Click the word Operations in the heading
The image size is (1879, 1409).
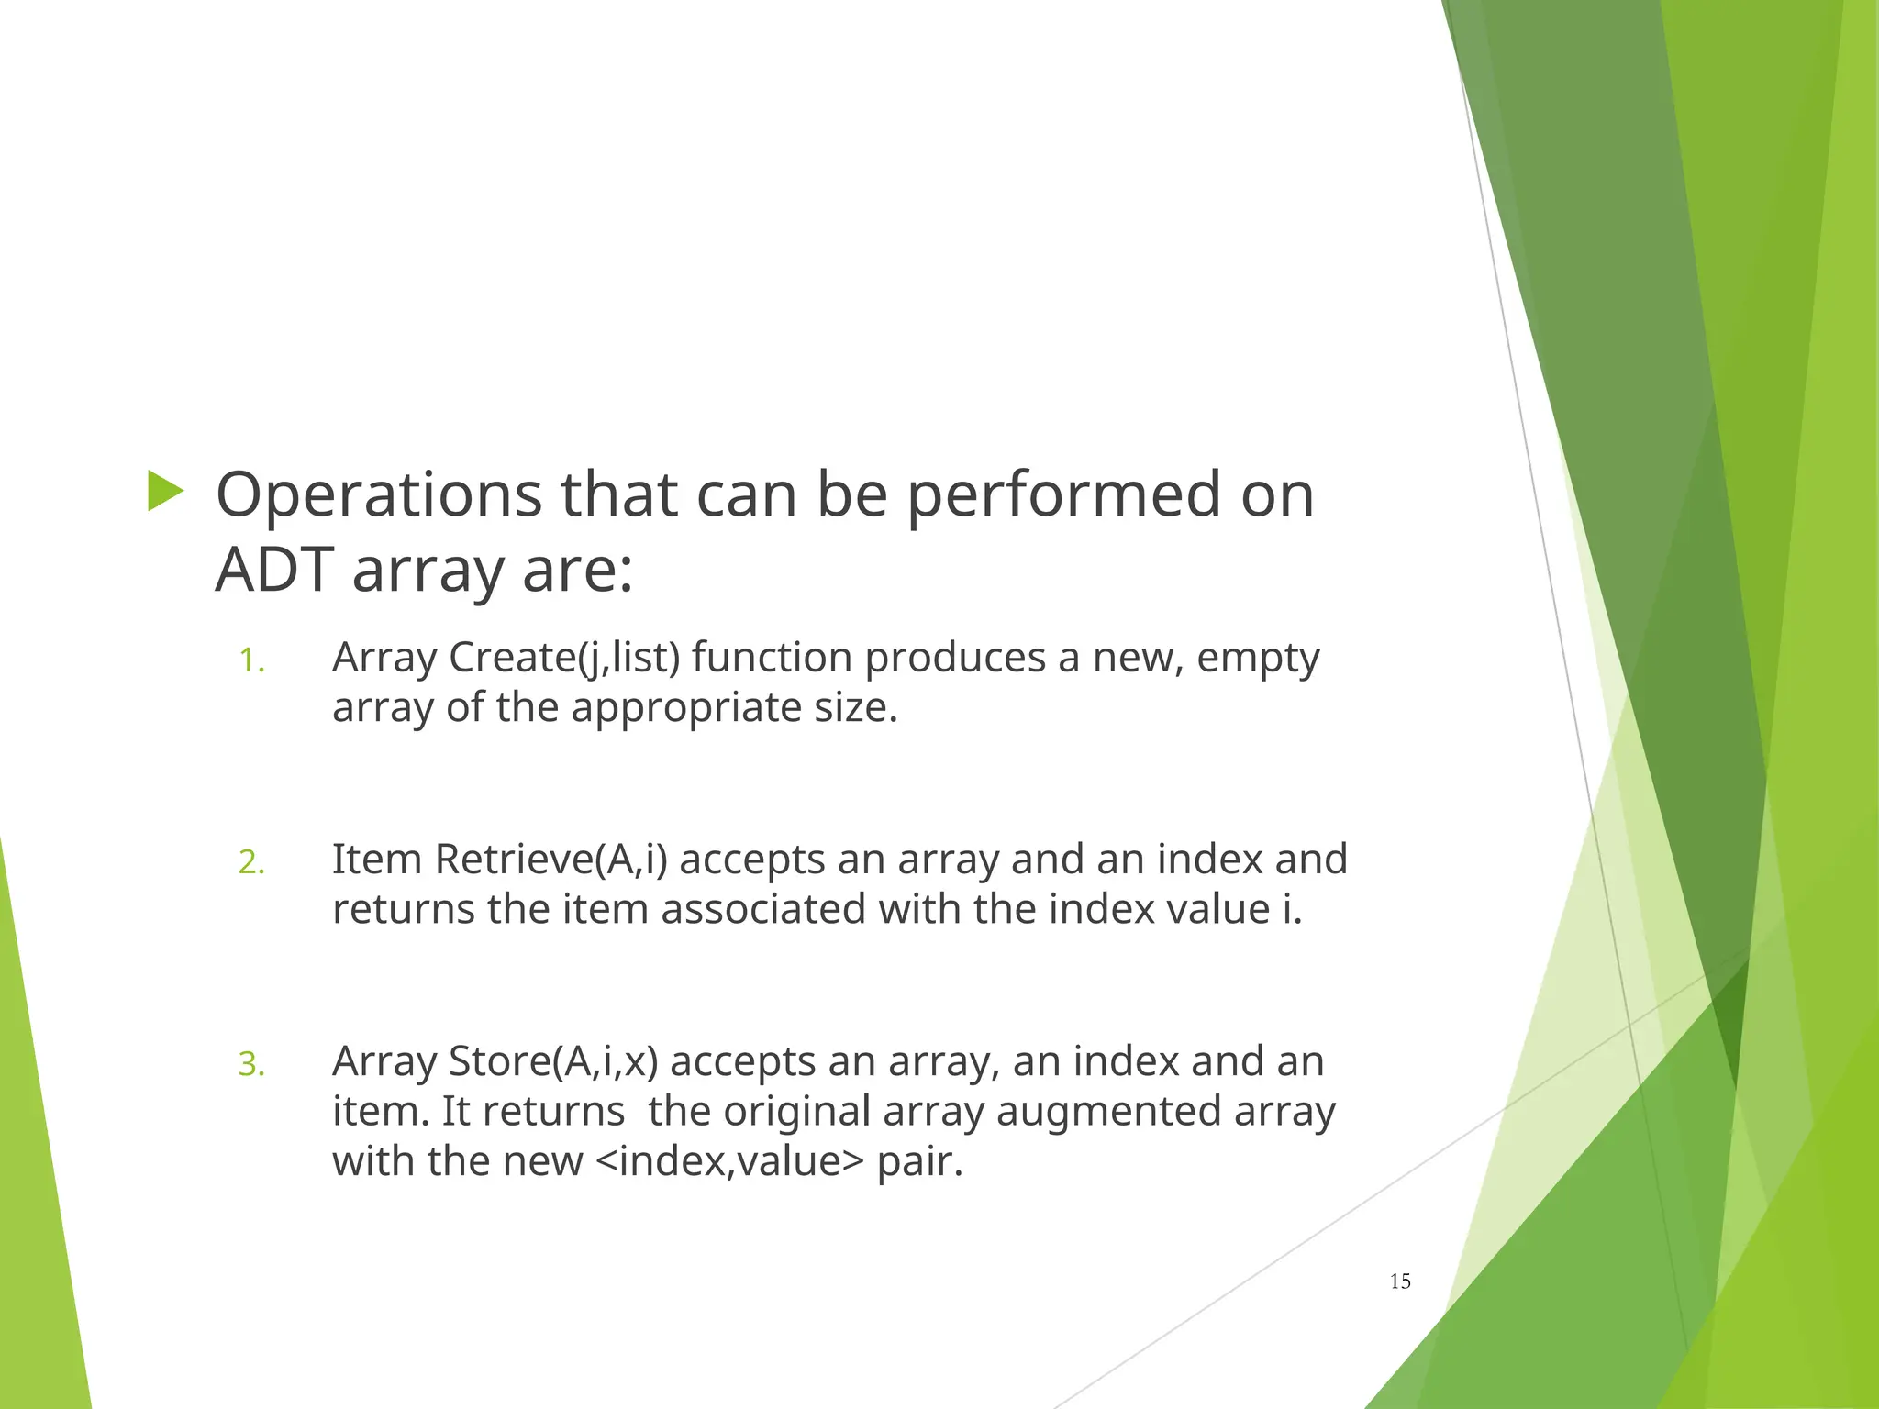click(378, 496)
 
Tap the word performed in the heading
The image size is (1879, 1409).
click(1065, 496)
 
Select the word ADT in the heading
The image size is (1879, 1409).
click(273, 571)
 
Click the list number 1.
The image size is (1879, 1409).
click(251, 661)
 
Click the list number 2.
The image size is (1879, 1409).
click(251, 863)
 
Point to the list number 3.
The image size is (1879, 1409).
click(251, 1065)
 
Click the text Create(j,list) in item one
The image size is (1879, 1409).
click(564, 659)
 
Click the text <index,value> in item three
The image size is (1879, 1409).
click(729, 1161)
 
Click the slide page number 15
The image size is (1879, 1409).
click(1400, 1281)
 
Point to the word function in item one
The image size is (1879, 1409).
click(772, 659)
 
